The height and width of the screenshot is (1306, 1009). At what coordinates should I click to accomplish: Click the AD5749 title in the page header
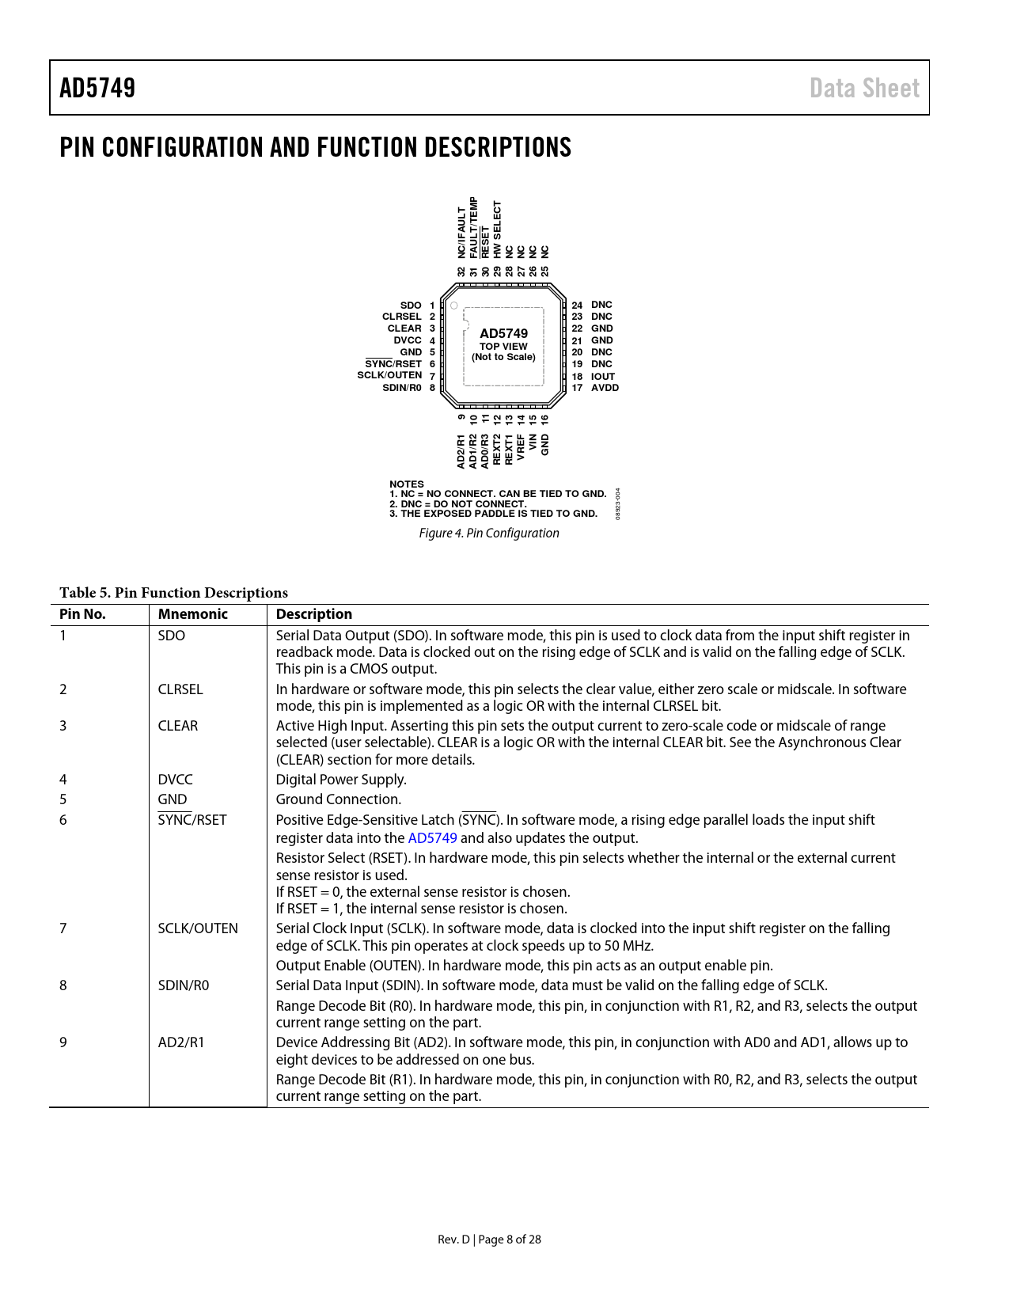pos(97,88)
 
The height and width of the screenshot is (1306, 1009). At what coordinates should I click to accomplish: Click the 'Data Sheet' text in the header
pos(864,88)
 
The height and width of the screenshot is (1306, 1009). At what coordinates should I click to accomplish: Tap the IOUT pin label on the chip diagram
pos(603,377)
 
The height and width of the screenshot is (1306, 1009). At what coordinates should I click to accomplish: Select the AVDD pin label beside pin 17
pos(605,388)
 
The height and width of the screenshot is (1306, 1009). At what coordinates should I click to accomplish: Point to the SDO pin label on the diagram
pos(411,306)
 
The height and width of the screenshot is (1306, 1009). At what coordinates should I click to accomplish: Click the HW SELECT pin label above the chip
pos(497,230)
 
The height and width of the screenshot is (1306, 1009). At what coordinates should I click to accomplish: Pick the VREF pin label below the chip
pos(521,447)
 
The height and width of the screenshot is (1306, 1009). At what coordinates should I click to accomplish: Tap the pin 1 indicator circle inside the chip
pos(454,306)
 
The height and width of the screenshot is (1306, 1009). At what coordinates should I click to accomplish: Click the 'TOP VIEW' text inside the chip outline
pos(503,347)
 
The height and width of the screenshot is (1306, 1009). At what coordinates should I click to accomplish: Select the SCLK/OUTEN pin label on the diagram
pos(389,375)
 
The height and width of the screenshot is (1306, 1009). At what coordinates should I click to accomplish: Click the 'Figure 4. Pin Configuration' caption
pos(489,533)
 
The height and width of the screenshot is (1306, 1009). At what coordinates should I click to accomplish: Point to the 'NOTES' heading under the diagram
pos(407,484)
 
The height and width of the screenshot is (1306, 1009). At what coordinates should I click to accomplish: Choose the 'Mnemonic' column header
pos(192,614)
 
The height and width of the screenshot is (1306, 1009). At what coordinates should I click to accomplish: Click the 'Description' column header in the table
pos(314,614)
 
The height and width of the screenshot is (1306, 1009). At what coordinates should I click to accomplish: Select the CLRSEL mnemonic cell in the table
pos(180,689)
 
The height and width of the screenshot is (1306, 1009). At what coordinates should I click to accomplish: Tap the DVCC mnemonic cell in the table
pos(175,780)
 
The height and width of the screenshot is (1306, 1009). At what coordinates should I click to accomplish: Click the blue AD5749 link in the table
pos(432,838)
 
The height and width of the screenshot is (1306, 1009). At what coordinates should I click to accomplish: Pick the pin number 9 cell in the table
pos(63,1042)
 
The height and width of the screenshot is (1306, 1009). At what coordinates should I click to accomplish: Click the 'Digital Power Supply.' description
pos(341,780)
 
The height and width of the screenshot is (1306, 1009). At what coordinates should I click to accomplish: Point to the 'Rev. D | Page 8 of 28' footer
pos(489,1240)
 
